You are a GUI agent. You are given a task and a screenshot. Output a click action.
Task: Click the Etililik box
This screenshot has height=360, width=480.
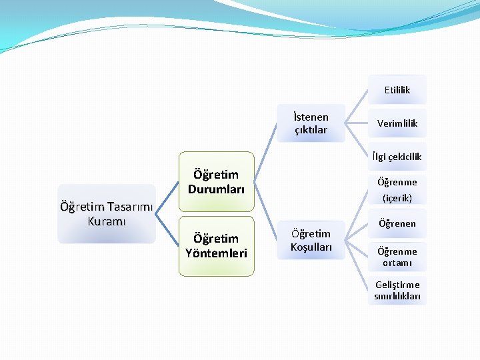pos(397,90)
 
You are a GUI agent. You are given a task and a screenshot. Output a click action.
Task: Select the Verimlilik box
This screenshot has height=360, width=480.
pos(397,123)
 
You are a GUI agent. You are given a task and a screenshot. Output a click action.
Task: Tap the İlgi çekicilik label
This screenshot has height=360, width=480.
pos(397,157)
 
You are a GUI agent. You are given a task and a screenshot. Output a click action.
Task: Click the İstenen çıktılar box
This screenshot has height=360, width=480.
pos(311,123)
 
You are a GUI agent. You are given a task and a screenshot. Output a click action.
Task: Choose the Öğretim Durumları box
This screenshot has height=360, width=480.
pos(215,181)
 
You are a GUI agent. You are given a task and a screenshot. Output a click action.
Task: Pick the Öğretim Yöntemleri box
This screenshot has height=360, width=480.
pos(215,245)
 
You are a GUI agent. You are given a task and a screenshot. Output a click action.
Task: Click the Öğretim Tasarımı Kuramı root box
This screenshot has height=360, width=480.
pos(107,213)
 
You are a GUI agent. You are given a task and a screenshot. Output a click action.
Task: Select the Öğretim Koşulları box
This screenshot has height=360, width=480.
pos(311,240)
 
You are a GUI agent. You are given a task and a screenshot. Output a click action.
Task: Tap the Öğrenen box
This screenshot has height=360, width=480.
pos(397,223)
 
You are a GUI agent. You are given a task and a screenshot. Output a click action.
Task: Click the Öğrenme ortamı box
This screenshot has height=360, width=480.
pos(397,257)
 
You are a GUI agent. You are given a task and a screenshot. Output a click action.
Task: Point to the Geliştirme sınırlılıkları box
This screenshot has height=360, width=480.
pos(397,291)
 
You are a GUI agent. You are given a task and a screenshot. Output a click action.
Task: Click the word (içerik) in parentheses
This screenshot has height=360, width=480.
pos(397,198)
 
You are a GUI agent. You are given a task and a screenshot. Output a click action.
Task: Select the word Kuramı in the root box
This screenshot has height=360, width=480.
pos(107,221)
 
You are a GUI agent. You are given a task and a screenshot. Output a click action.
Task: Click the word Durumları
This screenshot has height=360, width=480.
pos(215,189)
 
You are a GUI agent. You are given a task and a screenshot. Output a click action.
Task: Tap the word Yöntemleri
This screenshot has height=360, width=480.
pos(215,253)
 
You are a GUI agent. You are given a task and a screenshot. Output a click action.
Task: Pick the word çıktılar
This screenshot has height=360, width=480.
pos(311,130)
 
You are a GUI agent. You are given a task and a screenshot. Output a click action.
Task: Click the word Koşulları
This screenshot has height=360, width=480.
pos(311,247)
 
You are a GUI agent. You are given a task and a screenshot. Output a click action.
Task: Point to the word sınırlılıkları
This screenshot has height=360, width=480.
pos(397,297)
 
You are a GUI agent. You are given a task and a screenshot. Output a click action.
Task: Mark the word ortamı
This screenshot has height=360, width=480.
pos(397,263)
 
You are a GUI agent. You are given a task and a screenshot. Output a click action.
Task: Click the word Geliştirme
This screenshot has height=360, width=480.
pos(397,285)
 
